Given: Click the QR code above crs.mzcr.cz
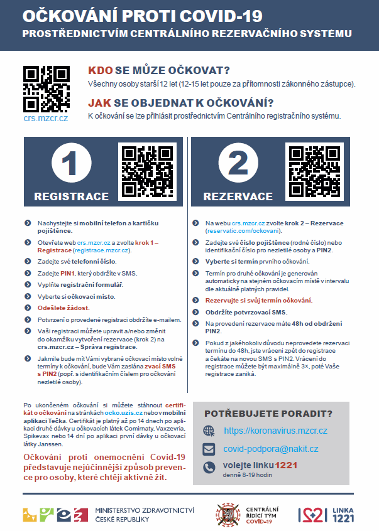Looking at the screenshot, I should point(46,87).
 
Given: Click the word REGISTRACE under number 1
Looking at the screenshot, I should point(71,196).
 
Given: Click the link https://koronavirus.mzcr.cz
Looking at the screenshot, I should point(275,431).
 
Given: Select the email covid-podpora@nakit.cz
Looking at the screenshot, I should point(270,449).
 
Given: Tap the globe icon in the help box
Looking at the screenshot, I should point(209,431).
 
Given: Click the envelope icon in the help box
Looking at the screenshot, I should point(209,449).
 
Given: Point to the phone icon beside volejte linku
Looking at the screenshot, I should point(209,468).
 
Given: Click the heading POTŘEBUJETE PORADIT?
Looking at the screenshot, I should point(268,413).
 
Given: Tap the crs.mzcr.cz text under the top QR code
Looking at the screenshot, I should point(46,117).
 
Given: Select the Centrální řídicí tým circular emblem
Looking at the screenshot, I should point(225,514).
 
